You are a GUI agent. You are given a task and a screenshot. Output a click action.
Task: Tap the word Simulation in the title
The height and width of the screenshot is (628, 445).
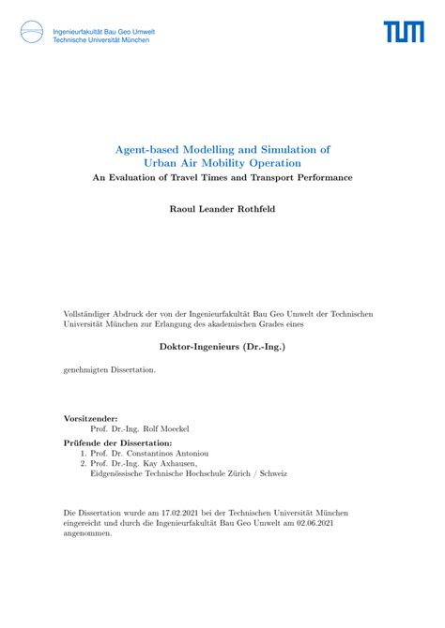point(283,149)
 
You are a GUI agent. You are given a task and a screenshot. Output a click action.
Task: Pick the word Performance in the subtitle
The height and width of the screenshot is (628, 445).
point(318,178)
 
